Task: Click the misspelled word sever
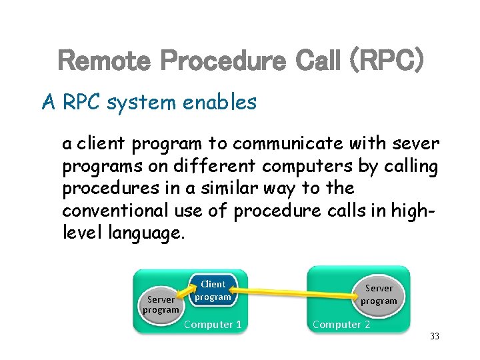click(416, 144)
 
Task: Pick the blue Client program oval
click(213, 291)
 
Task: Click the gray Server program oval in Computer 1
click(161, 305)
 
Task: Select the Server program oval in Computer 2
click(379, 295)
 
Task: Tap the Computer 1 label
click(213, 325)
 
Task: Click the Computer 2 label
click(341, 325)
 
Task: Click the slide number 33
click(435, 337)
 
